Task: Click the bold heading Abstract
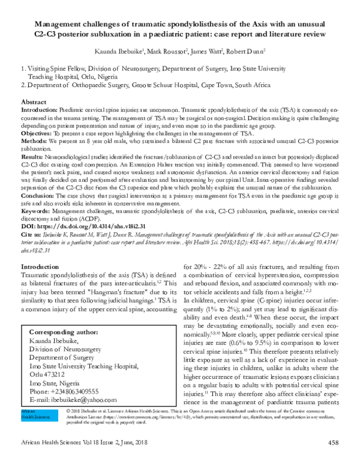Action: [x=34, y=103]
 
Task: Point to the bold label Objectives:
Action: [x=40, y=133]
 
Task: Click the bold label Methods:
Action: [x=37, y=141]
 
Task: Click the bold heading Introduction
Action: [x=40, y=266]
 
